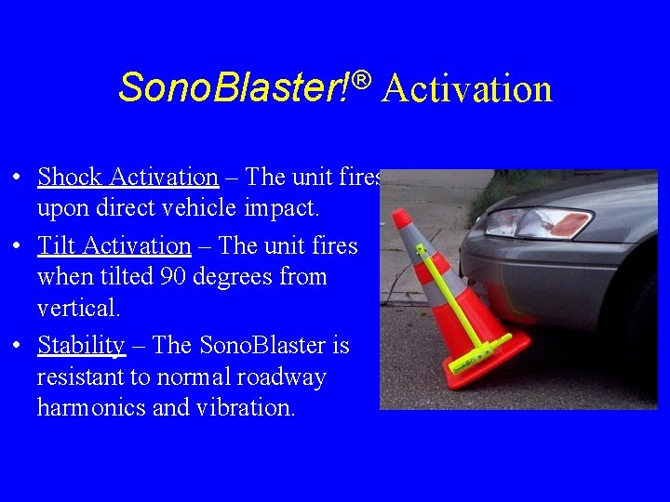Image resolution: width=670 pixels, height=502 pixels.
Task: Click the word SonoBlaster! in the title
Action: click(233, 88)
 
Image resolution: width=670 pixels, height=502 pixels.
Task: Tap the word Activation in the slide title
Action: click(466, 89)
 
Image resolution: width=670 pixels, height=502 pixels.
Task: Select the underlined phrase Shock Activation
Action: click(127, 177)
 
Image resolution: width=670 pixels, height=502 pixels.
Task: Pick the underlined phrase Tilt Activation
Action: click(114, 245)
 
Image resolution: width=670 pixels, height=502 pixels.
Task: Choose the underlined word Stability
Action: click(81, 345)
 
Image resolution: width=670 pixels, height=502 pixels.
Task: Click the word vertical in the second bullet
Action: click(75, 308)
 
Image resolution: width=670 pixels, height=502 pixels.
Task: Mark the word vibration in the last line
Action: click(246, 408)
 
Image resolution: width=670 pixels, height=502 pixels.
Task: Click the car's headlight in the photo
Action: click(539, 222)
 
